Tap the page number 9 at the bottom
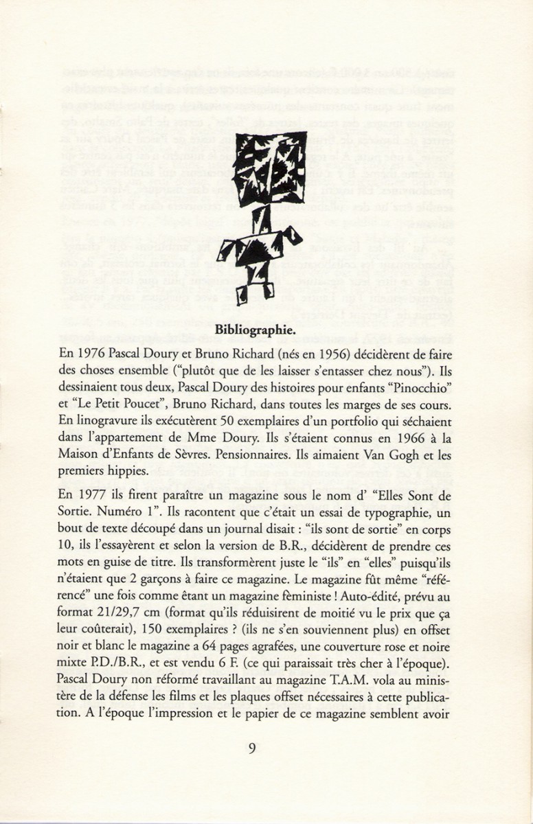point(252,748)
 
